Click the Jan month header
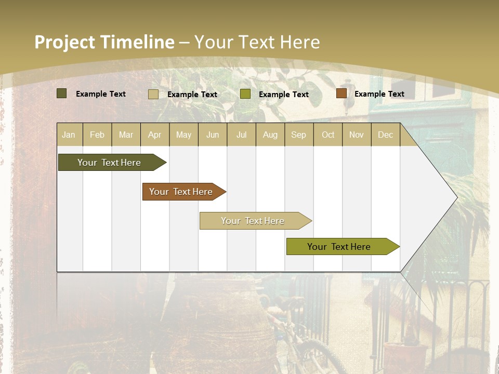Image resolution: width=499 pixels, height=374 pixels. tap(69, 135)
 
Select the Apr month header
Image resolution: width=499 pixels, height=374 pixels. tap(154, 135)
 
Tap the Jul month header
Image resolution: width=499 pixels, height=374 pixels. tap(241, 135)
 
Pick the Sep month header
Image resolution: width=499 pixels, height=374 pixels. tap(298, 135)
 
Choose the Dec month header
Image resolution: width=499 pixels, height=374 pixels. tap(385, 135)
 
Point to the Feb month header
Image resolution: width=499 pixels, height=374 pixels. tap(97, 135)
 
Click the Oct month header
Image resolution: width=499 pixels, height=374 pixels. tap(328, 135)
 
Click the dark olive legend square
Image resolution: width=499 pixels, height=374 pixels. tap(61, 94)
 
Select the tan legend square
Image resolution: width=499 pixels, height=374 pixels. tap(153, 94)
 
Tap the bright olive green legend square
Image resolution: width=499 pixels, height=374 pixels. tap(245, 94)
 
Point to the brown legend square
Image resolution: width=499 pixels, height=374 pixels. tap(341, 94)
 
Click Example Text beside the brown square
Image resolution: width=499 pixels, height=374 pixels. tap(379, 94)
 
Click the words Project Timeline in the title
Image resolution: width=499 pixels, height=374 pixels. tap(104, 42)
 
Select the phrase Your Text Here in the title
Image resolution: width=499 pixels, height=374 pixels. tap(257, 42)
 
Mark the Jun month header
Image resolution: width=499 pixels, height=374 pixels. tap(213, 135)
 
